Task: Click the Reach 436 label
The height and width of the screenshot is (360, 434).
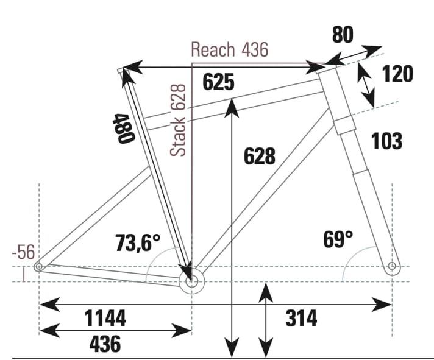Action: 229,49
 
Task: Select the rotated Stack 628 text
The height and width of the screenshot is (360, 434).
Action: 179,120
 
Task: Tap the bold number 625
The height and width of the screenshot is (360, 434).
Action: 218,82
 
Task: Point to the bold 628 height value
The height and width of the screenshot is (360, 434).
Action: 259,156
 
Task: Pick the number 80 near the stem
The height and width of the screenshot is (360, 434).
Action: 343,35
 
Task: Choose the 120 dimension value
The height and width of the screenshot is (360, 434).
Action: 397,74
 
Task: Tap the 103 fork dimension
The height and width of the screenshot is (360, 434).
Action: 386,141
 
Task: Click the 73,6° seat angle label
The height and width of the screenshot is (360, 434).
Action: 138,243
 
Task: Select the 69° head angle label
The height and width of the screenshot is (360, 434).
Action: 338,239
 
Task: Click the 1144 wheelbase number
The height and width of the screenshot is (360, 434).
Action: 105,318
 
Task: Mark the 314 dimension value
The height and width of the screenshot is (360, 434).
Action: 301,318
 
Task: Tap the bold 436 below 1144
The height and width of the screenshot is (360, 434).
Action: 105,344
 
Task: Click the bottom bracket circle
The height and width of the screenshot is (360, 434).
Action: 192,281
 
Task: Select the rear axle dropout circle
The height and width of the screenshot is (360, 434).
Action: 40,266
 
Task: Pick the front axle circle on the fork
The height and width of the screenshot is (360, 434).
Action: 391,266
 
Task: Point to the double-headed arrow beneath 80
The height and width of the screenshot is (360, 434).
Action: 354,54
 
